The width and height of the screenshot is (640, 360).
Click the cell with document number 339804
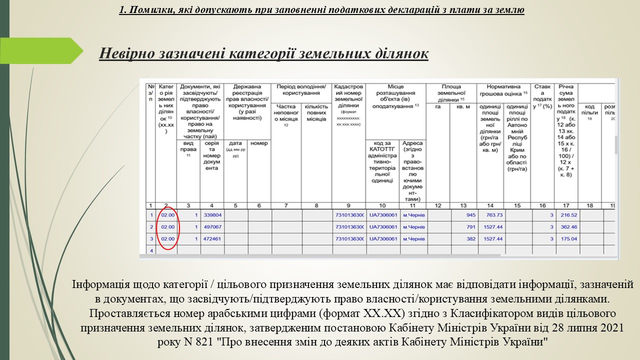coord(212,215)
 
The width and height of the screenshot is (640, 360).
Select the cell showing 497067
coord(212,227)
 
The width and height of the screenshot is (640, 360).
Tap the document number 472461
coord(212,239)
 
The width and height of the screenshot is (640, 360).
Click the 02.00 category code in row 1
coord(168,215)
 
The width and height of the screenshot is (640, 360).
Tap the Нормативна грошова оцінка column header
coord(503,90)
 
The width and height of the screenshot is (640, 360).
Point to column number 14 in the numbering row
coord(490,205)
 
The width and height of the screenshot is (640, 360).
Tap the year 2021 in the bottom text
coord(613,328)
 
